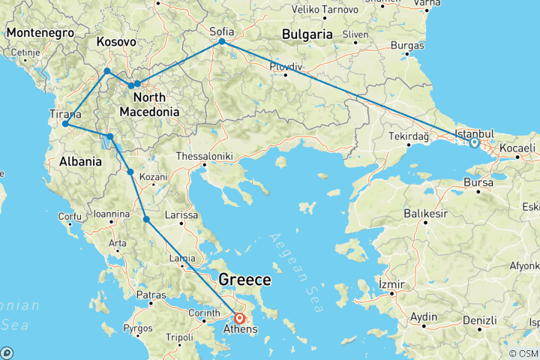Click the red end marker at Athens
238,318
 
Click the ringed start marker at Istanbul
474,142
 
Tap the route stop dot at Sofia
222,43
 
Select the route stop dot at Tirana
66,124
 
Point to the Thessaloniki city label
205,157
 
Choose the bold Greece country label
244,280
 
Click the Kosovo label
116,43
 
